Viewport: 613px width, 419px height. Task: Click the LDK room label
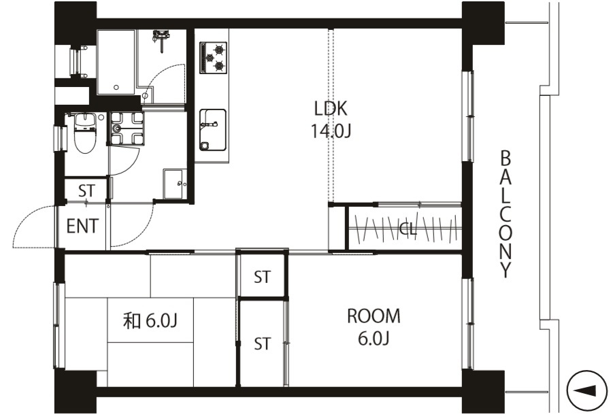coord(331,108)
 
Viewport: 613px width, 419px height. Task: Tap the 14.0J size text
coord(331,131)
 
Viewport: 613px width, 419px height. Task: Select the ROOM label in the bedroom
coord(374,316)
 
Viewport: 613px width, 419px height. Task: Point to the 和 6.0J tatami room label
coord(150,321)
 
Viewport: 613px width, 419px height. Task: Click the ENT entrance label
coord(82,226)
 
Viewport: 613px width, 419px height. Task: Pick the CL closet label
coord(408,229)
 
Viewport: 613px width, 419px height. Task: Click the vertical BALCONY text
coord(506,214)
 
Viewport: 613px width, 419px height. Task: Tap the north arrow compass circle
coord(586,390)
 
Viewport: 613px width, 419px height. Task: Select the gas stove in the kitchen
coord(214,57)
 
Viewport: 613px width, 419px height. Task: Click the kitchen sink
coord(213,130)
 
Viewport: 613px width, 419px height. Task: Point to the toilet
coord(84,133)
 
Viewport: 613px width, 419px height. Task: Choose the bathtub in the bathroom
coord(116,62)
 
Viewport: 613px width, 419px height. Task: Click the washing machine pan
coord(127,129)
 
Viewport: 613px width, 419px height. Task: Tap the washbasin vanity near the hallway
coord(175,184)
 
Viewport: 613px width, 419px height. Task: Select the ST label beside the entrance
coord(86,190)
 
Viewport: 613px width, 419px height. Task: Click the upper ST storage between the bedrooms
coord(262,277)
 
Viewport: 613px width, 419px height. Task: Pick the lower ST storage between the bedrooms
coord(262,344)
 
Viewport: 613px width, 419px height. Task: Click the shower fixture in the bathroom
coord(161,38)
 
